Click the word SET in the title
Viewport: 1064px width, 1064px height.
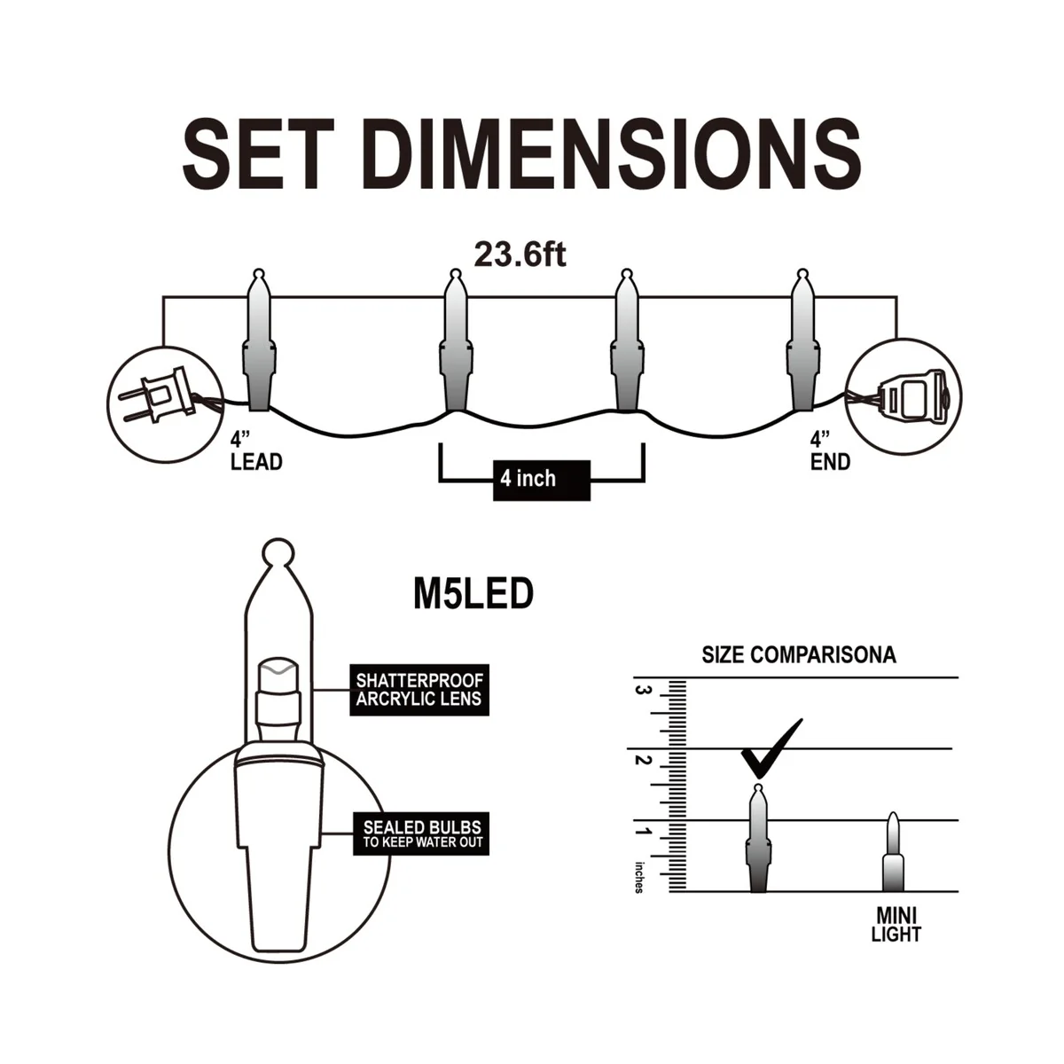pos(258,153)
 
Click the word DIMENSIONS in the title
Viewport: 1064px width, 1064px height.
pos(613,153)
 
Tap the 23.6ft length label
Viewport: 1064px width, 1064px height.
pos(520,255)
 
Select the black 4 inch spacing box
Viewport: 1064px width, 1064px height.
pos(542,481)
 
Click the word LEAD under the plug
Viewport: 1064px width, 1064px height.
pos(256,462)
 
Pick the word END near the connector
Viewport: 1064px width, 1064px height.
pos(830,462)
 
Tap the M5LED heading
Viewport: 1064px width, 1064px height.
pos(473,594)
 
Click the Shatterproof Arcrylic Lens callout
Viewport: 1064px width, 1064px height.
pos(419,690)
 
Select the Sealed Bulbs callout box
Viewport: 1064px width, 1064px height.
pos(421,833)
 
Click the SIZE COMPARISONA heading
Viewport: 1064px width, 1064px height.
pos(798,655)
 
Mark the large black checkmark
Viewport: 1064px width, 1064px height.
pos(771,750)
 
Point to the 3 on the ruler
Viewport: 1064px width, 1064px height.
pos(641,690)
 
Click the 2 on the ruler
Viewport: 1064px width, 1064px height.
pos(641,760)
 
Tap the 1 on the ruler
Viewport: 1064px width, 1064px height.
pos(641,832)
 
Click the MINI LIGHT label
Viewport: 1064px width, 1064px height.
pos(896,925)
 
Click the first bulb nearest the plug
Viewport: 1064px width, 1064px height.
pos(259,340)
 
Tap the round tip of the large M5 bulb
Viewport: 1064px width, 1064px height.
pos(278,552)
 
